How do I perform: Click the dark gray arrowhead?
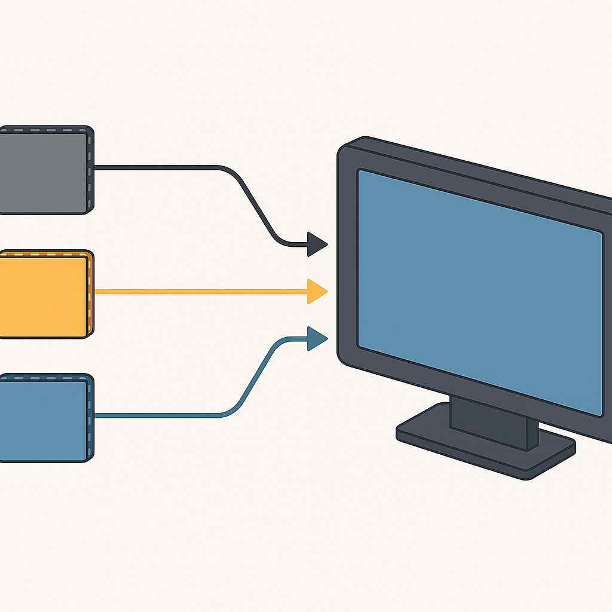click(316, 244)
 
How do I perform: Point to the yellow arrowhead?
click(316, 292)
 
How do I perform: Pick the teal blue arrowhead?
click(316, 339)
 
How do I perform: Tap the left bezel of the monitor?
click(347, 257)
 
